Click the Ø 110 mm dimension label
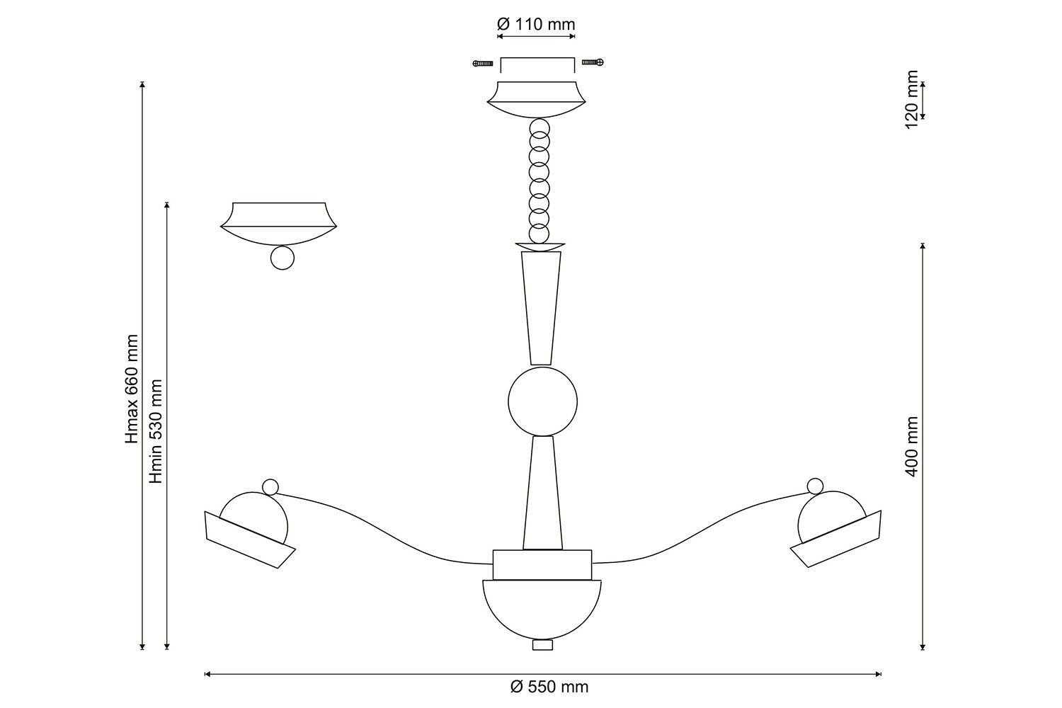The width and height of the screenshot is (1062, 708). pyautogui.click(x=536, y=24)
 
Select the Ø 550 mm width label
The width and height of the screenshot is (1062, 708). pyautogui.click(x=549, y=687)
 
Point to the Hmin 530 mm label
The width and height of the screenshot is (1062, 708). pyautogui.click(x=156, y=431)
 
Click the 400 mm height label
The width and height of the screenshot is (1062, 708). pyautogui.click(x=912, y=447)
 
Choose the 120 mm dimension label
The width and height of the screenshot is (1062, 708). pyautogui.click(x=912, y=100)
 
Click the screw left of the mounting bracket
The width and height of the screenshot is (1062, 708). pyautogui.click(x=483, y=63)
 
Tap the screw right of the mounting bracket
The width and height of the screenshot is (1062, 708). pyautogui.click(x=593, y=62)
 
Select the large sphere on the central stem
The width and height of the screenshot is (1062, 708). pyautogui.click(x=542, y=401)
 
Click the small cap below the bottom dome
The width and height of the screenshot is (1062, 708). pyautogui.click(x=542, y=644)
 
